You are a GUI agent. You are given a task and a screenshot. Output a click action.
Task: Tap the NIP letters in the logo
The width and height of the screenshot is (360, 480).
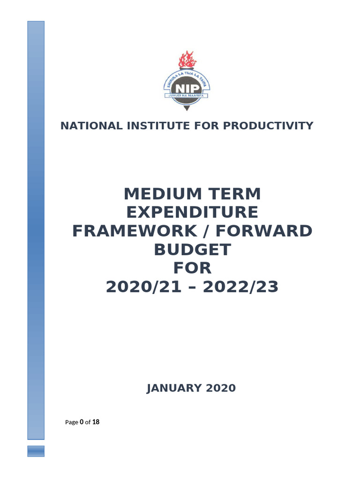187,88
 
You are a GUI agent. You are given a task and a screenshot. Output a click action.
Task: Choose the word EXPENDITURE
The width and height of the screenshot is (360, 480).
192,212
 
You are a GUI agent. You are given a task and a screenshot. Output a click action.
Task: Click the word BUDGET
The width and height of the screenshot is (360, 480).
192,250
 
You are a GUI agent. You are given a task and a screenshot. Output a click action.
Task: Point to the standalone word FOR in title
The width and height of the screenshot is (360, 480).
192,269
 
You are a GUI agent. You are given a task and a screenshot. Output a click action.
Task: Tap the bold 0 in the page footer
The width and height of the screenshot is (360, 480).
82,422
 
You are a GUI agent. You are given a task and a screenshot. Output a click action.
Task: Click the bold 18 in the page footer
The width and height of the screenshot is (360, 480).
96,422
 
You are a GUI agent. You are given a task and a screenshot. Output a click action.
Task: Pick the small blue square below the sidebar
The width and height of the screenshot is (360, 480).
36,451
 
